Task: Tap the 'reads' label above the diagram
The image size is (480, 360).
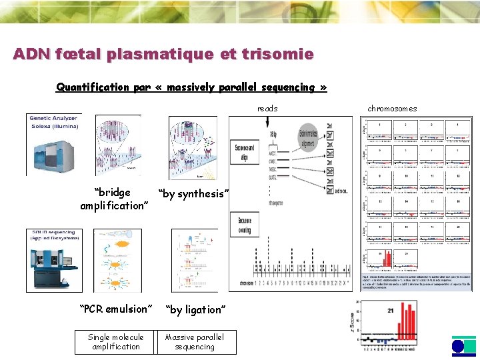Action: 267,109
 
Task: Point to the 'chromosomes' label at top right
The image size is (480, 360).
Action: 392,109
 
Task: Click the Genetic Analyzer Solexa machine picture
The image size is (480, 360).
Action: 53,145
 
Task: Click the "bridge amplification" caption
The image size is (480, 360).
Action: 113,199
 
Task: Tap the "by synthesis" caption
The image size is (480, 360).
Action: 194,193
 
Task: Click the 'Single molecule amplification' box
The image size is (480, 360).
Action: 116,342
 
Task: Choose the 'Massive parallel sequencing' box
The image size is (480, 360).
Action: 195,342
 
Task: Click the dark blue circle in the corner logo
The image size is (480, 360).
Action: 458,346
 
